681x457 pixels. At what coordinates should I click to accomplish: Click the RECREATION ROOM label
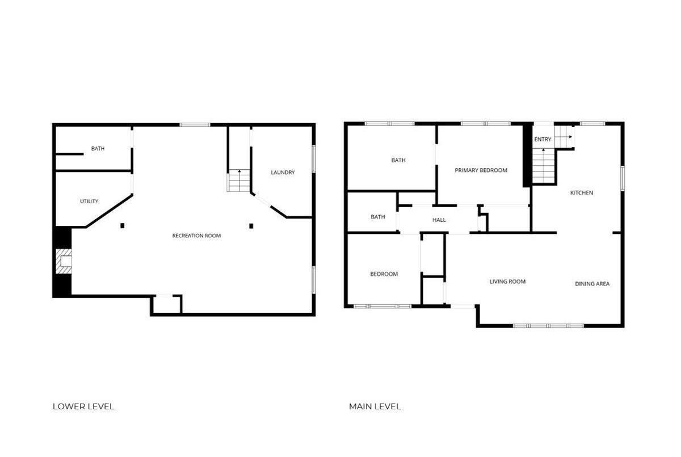click(196, 236)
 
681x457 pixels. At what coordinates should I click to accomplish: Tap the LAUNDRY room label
click(283, 173)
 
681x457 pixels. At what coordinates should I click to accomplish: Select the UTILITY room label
click(89, 202)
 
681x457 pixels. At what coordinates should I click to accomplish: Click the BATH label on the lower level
click(98, 148)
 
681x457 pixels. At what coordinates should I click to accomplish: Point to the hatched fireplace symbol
click(64, 262)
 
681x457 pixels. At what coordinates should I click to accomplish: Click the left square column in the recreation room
click(122, 225)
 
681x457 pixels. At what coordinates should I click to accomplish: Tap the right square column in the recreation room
click(251, 226)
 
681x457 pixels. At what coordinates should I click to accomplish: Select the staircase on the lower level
click(239, 181)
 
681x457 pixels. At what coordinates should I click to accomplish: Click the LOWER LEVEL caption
click(83, 406)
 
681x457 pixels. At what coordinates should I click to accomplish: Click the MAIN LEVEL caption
click(375, 406)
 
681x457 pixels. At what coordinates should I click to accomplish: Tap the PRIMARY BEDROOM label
click(481, 170)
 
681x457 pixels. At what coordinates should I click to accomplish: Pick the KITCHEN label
click(582, 193)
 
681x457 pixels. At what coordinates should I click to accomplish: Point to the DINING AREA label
click(592, 284)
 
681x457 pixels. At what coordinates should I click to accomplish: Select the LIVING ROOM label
click(507, 282)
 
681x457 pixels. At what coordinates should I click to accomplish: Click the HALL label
click(439, 220)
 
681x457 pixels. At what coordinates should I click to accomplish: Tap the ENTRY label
click(543, 140)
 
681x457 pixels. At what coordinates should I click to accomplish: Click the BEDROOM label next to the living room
click(384, 274)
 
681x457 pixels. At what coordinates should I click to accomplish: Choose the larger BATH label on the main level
click(398, 160)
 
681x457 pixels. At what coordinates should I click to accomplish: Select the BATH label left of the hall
click(378, 217)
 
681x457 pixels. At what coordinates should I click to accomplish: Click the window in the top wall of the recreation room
click(195, 125)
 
